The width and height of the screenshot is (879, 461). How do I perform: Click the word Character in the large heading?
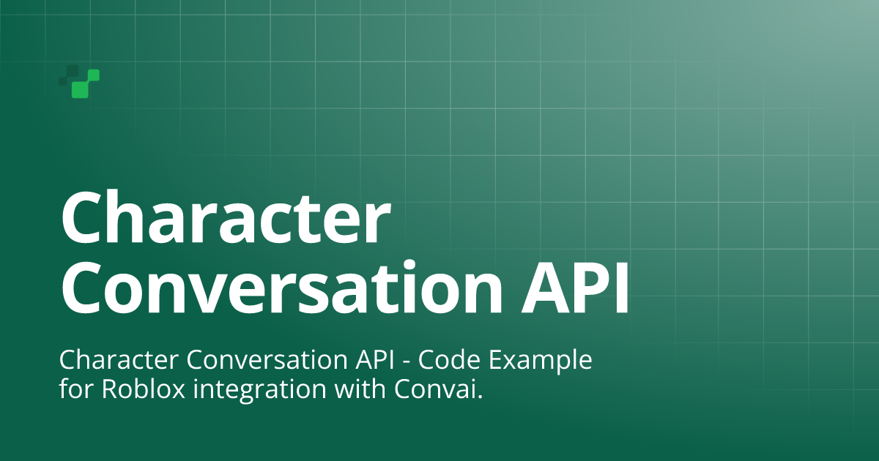click(226, 217)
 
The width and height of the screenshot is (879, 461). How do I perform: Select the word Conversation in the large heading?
click(282, 287)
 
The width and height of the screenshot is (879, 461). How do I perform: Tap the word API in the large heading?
click(575, 288)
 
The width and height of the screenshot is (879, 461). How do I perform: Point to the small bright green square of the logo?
click(94, 75)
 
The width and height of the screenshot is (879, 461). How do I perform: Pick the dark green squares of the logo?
click(69, 75)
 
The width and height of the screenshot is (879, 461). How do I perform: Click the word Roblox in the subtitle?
click(144, 389)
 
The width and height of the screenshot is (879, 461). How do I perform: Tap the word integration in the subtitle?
click(259, 391)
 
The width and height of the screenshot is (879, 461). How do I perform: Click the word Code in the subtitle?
click(449, 360)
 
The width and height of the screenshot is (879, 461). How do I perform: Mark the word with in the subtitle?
click(360, 389)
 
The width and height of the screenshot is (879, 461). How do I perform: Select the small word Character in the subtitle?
click(119, 360)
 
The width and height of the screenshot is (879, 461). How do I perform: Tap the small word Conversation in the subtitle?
click(267, 360)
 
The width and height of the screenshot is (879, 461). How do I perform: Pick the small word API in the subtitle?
click(375, 360)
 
